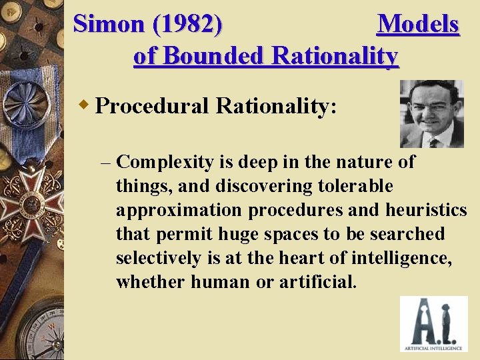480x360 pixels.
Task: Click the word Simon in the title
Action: click(x=109, y=24)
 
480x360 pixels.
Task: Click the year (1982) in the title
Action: click(x=188, y=24)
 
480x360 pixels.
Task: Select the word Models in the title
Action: click(x=418, y=24)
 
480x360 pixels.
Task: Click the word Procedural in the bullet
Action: click(x=153, y=105)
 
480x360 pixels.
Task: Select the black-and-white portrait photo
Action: click(x=431, y=114)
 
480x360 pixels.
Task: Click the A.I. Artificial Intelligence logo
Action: click(x=433, y=323)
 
